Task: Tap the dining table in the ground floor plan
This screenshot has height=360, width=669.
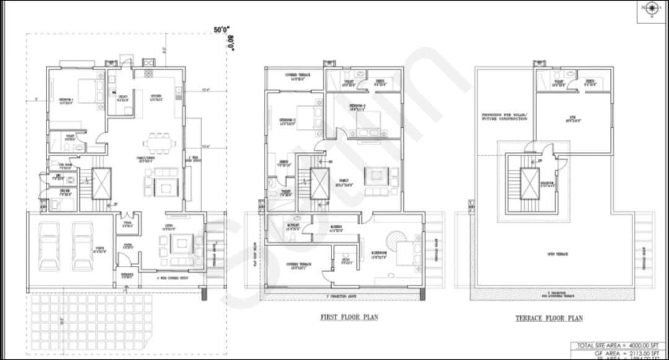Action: tap(159, 142)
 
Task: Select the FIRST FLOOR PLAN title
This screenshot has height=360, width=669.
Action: tap(349, 317)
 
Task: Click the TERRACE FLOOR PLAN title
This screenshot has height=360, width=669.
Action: tap(549, 318)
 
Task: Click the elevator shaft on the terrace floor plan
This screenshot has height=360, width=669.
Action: tap(530, 184)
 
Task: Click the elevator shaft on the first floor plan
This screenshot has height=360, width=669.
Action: tap(319, 183)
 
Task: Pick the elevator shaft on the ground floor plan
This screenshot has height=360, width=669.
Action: tap(102, 183)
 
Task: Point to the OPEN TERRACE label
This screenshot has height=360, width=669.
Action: tap(558, 254)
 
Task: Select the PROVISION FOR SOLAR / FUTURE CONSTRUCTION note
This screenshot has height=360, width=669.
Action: tap(504, 116)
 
